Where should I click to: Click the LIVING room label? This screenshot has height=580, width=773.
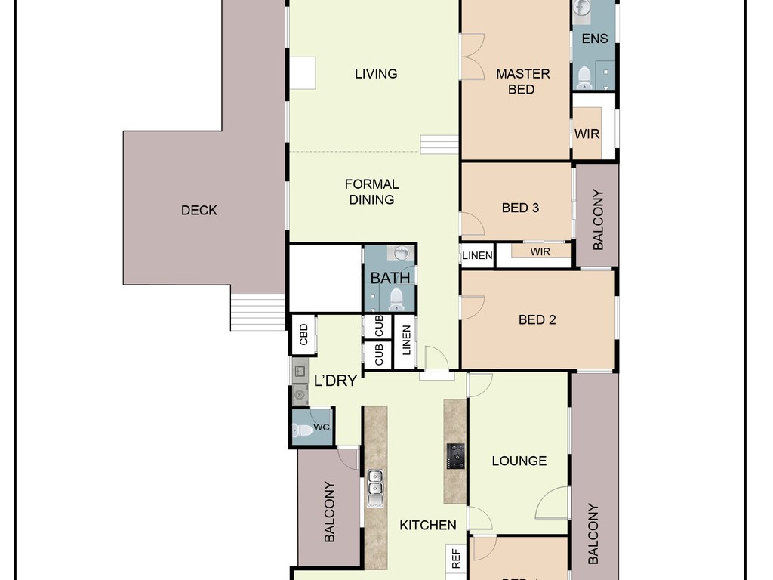coord(376,74)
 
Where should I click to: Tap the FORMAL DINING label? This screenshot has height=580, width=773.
coord(371,192)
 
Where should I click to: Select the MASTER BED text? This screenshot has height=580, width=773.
coord(522,82)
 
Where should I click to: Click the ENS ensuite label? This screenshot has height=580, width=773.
coord(595,39)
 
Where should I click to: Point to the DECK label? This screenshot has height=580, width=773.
coord(199,211)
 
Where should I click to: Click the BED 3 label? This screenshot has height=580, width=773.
coord(520,208)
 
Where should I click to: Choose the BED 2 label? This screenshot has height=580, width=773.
coord(537,320)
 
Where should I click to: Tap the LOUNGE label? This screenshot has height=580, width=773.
coord(519,461)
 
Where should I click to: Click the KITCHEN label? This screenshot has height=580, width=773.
coord(428,526)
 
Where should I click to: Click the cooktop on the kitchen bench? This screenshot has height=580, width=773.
coord(456,456)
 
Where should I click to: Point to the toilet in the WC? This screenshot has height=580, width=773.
coord(302,430)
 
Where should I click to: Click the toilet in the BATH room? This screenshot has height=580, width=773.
coord(396,299)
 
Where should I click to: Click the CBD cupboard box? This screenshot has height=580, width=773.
coord(303,335)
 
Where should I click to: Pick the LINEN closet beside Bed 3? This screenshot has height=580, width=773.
coord(477,255)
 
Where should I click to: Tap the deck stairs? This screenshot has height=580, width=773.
coord(258,312)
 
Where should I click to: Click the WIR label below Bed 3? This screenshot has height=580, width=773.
coord(540,252)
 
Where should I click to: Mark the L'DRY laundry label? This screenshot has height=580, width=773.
coord(335,381)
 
